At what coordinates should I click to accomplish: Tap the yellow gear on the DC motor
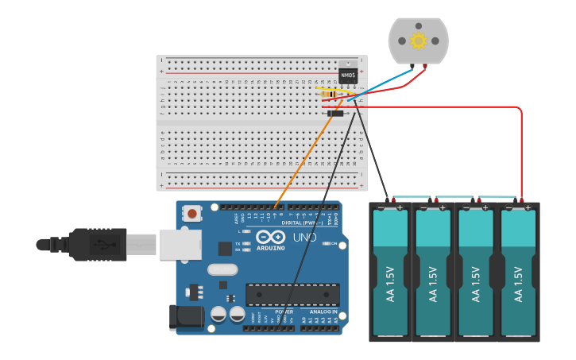pos(418,41)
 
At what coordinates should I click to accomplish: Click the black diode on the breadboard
pos(336,114)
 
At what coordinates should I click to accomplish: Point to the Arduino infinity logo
pos(270,236)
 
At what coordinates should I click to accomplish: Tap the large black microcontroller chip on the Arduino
pos(292,294)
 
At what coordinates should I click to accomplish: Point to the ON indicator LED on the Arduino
pos(326,243)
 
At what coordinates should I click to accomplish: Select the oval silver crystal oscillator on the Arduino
pos(222,269)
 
